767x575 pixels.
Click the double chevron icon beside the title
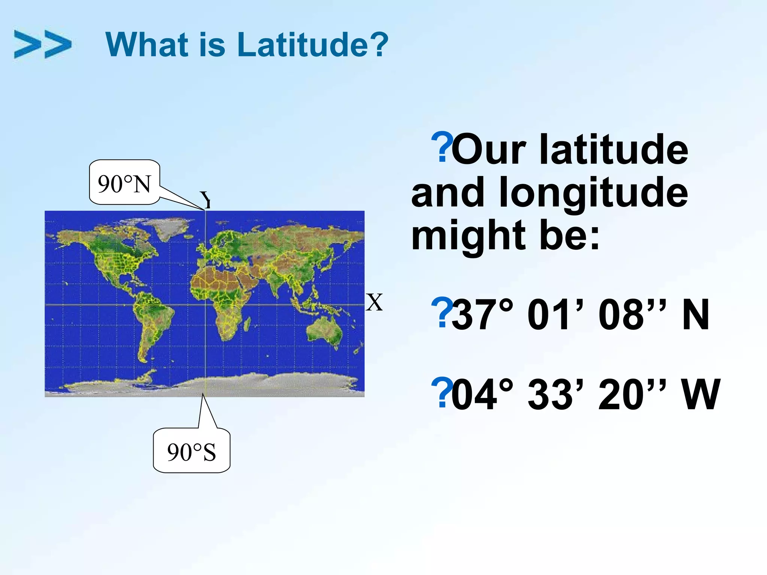point(42,44)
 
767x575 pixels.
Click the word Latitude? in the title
point(313,45)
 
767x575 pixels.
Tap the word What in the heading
point(147,45)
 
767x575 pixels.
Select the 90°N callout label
point(124,183)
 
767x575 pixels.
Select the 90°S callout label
point(191,452)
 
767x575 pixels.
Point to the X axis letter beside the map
point(374,302)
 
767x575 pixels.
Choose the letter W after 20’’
point(701,395)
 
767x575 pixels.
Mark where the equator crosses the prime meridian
point(205,305)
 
